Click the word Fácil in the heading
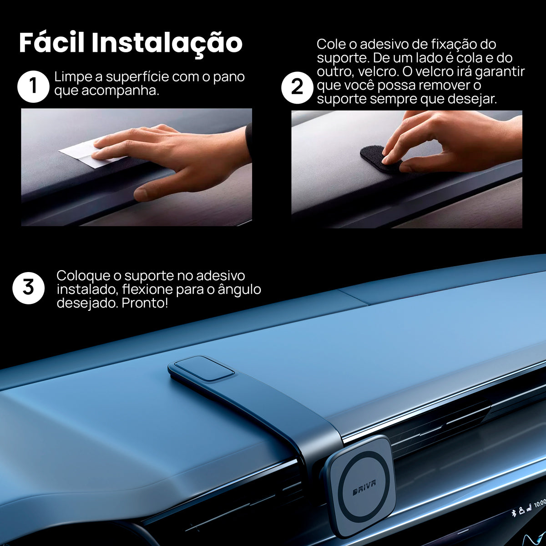point(52,43)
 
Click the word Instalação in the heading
point(167,44)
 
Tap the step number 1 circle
point(33,86)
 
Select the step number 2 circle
point(297,87)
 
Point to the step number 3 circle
point(28,288)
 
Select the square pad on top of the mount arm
point(204,368)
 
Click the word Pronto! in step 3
point(145,303)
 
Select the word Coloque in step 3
point(83,276)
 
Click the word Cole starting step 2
point(331,45)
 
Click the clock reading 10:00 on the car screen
point(540,503)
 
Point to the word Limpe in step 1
point(73,77)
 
